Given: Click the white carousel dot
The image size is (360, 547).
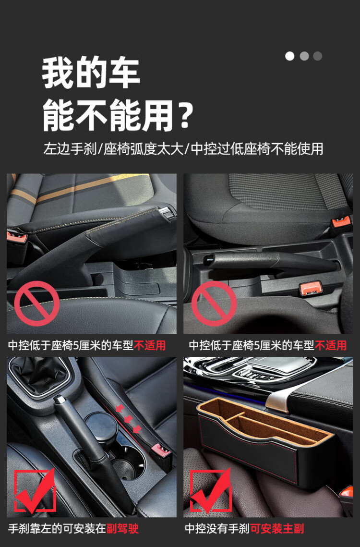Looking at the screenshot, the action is (289, 56).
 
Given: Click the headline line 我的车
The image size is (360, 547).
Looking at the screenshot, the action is (91, 73).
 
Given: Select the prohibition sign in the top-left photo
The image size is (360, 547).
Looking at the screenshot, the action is (36, 304).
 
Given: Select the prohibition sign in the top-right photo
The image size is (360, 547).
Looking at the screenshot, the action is (214, 304).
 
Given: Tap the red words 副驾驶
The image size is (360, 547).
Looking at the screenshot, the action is (122, 529).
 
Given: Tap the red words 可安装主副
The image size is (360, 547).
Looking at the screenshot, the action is (277, 529).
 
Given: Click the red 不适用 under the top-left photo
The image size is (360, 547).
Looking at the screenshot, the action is (150, 345).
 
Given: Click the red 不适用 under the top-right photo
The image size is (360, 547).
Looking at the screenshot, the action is (330, 345).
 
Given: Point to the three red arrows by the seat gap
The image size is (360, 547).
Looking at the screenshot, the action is (128, 418).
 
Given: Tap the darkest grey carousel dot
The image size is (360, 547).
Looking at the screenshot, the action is (317, 56).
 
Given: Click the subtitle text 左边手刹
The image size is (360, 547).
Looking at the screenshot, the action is (70, 149).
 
